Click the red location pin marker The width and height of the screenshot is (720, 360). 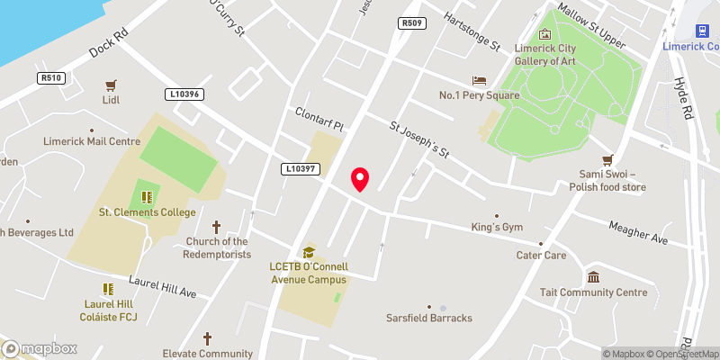point(360,179)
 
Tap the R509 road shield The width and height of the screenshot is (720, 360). point(411,22)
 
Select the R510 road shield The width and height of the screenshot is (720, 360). point(50,78)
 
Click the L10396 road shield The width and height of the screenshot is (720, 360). point(185,94)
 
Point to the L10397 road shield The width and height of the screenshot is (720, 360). point(300,168)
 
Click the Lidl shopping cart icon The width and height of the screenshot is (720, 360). point(112,85)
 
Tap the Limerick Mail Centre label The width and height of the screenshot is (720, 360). point(92,141)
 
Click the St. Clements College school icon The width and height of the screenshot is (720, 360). point(147,197)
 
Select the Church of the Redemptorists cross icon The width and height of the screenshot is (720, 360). point(216,227)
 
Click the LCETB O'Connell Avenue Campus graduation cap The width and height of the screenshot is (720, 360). point(309,253)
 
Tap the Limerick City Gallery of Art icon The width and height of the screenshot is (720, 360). point(544,34)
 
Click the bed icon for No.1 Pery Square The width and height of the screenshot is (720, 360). point(478,81)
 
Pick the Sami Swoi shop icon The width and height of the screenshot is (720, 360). point(607,159)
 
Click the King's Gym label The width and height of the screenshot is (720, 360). point(497,228)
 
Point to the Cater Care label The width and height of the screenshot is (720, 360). point(541,256)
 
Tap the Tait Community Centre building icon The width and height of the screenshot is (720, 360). point(593,277)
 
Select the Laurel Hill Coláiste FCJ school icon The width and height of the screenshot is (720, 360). point(109,289)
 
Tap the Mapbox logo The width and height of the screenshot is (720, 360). point(40,348)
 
